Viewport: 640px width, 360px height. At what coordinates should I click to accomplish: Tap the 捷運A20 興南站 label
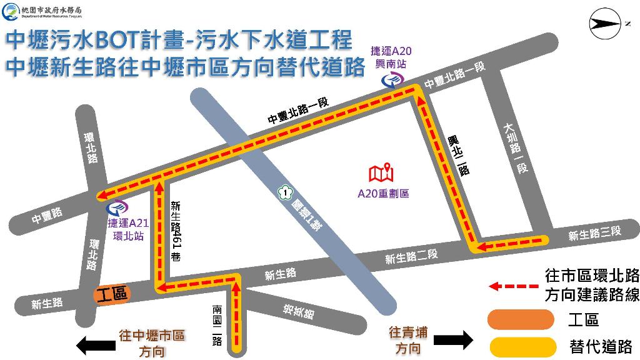pos(391,57)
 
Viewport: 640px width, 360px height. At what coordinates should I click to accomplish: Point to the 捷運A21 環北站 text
pos(128,229)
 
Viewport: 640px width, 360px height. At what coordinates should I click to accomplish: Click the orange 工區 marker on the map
pos(112,294)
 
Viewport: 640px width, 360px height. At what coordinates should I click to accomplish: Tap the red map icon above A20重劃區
pos(381,172)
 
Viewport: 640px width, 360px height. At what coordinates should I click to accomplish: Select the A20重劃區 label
pos(383,193)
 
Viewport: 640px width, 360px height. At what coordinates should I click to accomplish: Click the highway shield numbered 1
pos(286,194)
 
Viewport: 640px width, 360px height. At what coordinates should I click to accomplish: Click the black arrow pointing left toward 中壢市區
pos(94,343)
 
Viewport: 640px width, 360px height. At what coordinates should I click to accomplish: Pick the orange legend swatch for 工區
pos(521,320)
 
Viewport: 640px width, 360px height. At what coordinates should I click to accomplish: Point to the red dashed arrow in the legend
pos(513,286)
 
